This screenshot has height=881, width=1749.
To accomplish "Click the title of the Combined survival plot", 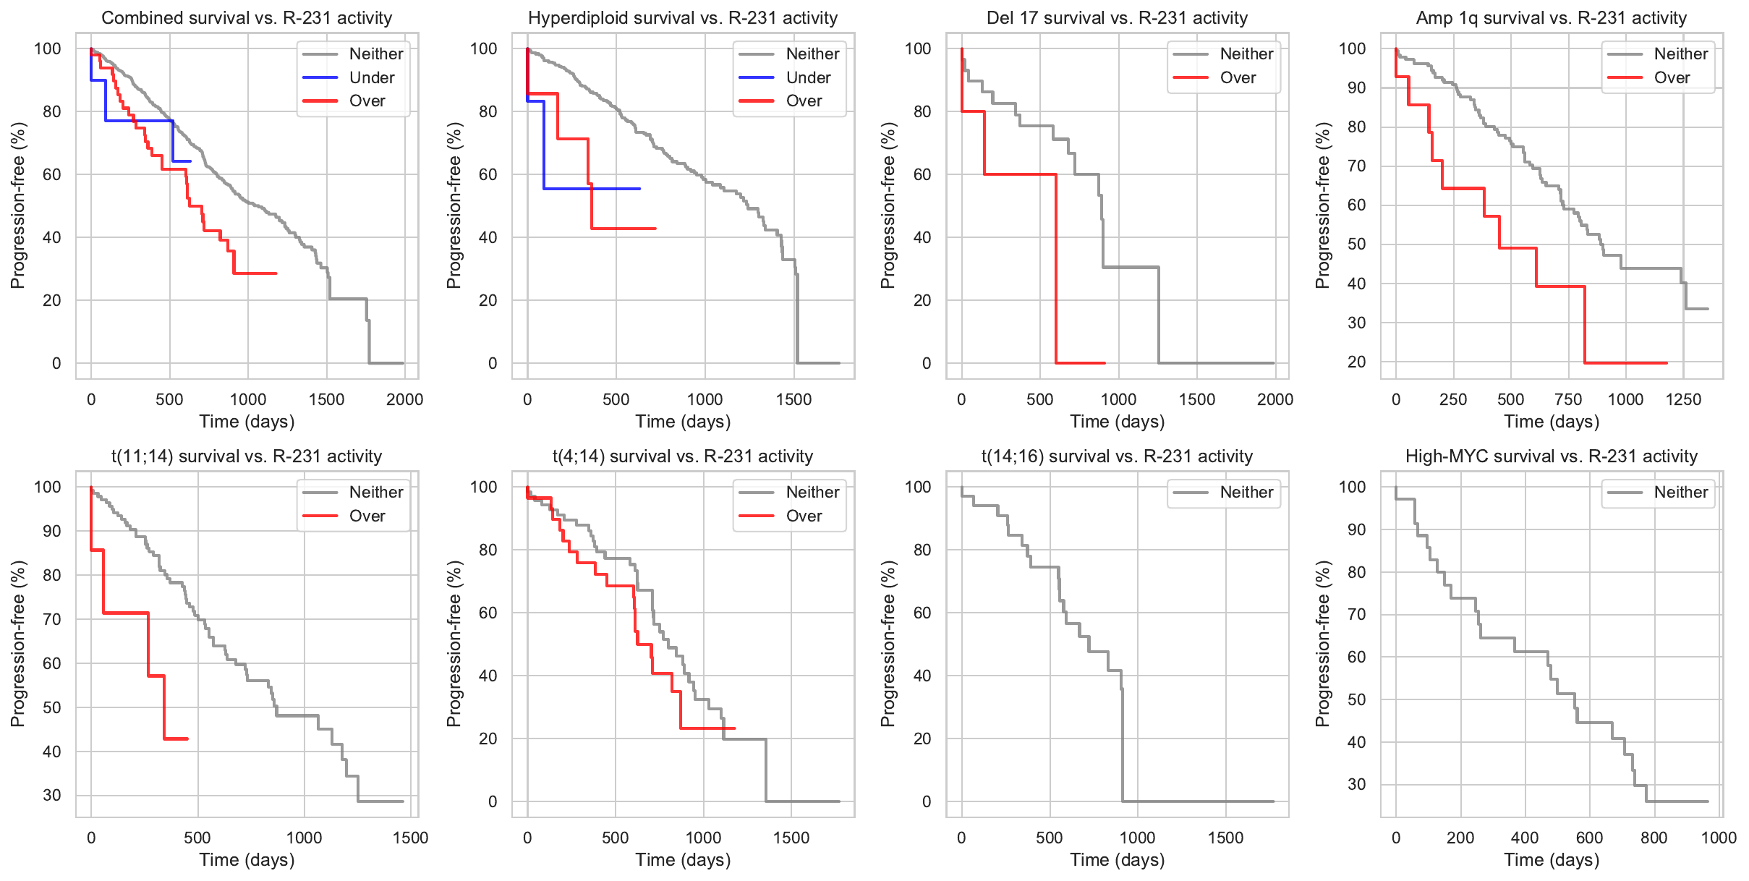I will [247, 18].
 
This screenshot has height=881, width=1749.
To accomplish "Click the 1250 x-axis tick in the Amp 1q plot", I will [1683, 400].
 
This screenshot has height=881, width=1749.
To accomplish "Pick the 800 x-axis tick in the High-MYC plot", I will [1654, 838].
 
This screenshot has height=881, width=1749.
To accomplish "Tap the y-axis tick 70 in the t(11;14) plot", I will [52, 619].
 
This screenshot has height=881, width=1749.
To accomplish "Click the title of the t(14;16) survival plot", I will [1117, 456].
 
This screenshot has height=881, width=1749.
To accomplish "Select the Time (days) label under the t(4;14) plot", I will [683, 860].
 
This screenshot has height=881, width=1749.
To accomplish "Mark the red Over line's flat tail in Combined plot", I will [260, 273].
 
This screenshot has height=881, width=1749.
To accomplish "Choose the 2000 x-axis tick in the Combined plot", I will [404, 400].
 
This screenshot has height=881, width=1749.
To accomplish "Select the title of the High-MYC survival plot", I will [1551, 456].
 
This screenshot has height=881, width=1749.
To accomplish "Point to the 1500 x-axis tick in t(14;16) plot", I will [1225, 838].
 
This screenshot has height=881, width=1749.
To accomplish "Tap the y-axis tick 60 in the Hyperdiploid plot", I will [488, 174].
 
